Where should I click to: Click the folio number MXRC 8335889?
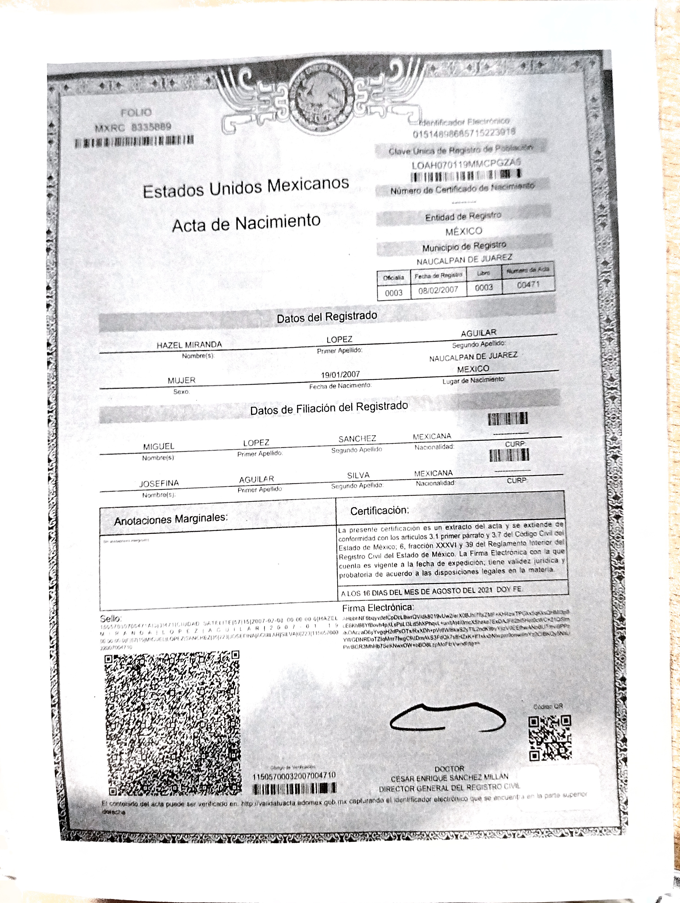click(133, 127)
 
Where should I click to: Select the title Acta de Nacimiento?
click(246, 223)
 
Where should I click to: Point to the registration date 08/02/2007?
click(438, 290)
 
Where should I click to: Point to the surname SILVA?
click(358, 475)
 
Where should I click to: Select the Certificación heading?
click(379, 510)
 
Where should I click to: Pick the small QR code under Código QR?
click(550, 738)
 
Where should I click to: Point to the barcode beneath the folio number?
click(134, 141)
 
